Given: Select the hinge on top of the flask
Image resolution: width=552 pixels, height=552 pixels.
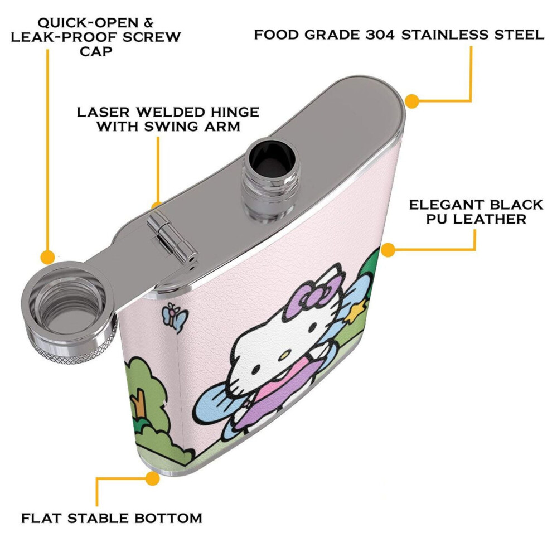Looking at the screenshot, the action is click(x=171, y=236).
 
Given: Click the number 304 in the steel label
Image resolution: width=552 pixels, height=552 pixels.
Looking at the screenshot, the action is click(x=380, y=35).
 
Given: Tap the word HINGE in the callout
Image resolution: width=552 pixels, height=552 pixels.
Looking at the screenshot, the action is click(x=235, y=112).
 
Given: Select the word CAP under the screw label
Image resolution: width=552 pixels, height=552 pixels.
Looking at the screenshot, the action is click(x=96, y=51).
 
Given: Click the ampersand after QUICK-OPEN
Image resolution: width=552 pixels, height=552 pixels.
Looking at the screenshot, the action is click(x=148, y=22).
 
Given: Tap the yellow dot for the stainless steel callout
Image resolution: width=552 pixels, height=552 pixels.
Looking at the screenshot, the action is click(x=411, y=101).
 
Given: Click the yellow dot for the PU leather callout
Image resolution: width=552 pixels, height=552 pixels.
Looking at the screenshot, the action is click(x=388, y=250).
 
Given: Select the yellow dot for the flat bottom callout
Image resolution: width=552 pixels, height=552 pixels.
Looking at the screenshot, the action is click(x=152, y=478).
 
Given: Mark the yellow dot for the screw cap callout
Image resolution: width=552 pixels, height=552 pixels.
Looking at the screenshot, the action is click(x=47, y=256).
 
